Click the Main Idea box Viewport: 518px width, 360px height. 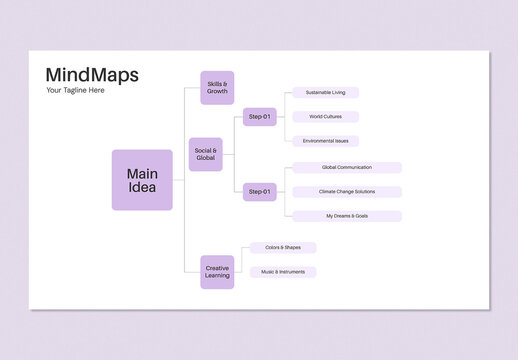coord(142,180)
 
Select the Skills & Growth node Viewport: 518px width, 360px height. coord(217,87)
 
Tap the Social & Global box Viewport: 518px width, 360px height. coord(206,154)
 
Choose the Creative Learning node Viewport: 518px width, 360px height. coord(217,271)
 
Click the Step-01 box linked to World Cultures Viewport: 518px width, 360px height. coord(260,117)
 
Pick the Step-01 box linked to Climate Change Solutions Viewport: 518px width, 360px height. coord(260,192)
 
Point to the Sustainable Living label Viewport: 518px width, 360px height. coord(325,93)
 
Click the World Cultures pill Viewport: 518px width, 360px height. coord(325,117)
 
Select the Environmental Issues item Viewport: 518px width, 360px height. coord(325,141)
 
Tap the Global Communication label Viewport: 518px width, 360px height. coord(347,168)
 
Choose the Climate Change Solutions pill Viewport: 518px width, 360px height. coord(347,192)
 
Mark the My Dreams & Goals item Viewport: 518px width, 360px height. coord(347,216)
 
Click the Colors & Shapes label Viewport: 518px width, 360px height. coord(283,248)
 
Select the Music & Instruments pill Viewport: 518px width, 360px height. coord(283,272)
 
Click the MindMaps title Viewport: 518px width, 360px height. coord(92,75)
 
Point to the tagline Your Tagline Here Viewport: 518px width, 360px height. coord(75,91)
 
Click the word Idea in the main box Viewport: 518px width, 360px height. coord(142,188)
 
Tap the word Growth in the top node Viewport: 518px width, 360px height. coord(217,91)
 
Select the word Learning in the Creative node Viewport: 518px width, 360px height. coord(217,275)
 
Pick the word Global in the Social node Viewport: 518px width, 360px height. coord(206,158)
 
